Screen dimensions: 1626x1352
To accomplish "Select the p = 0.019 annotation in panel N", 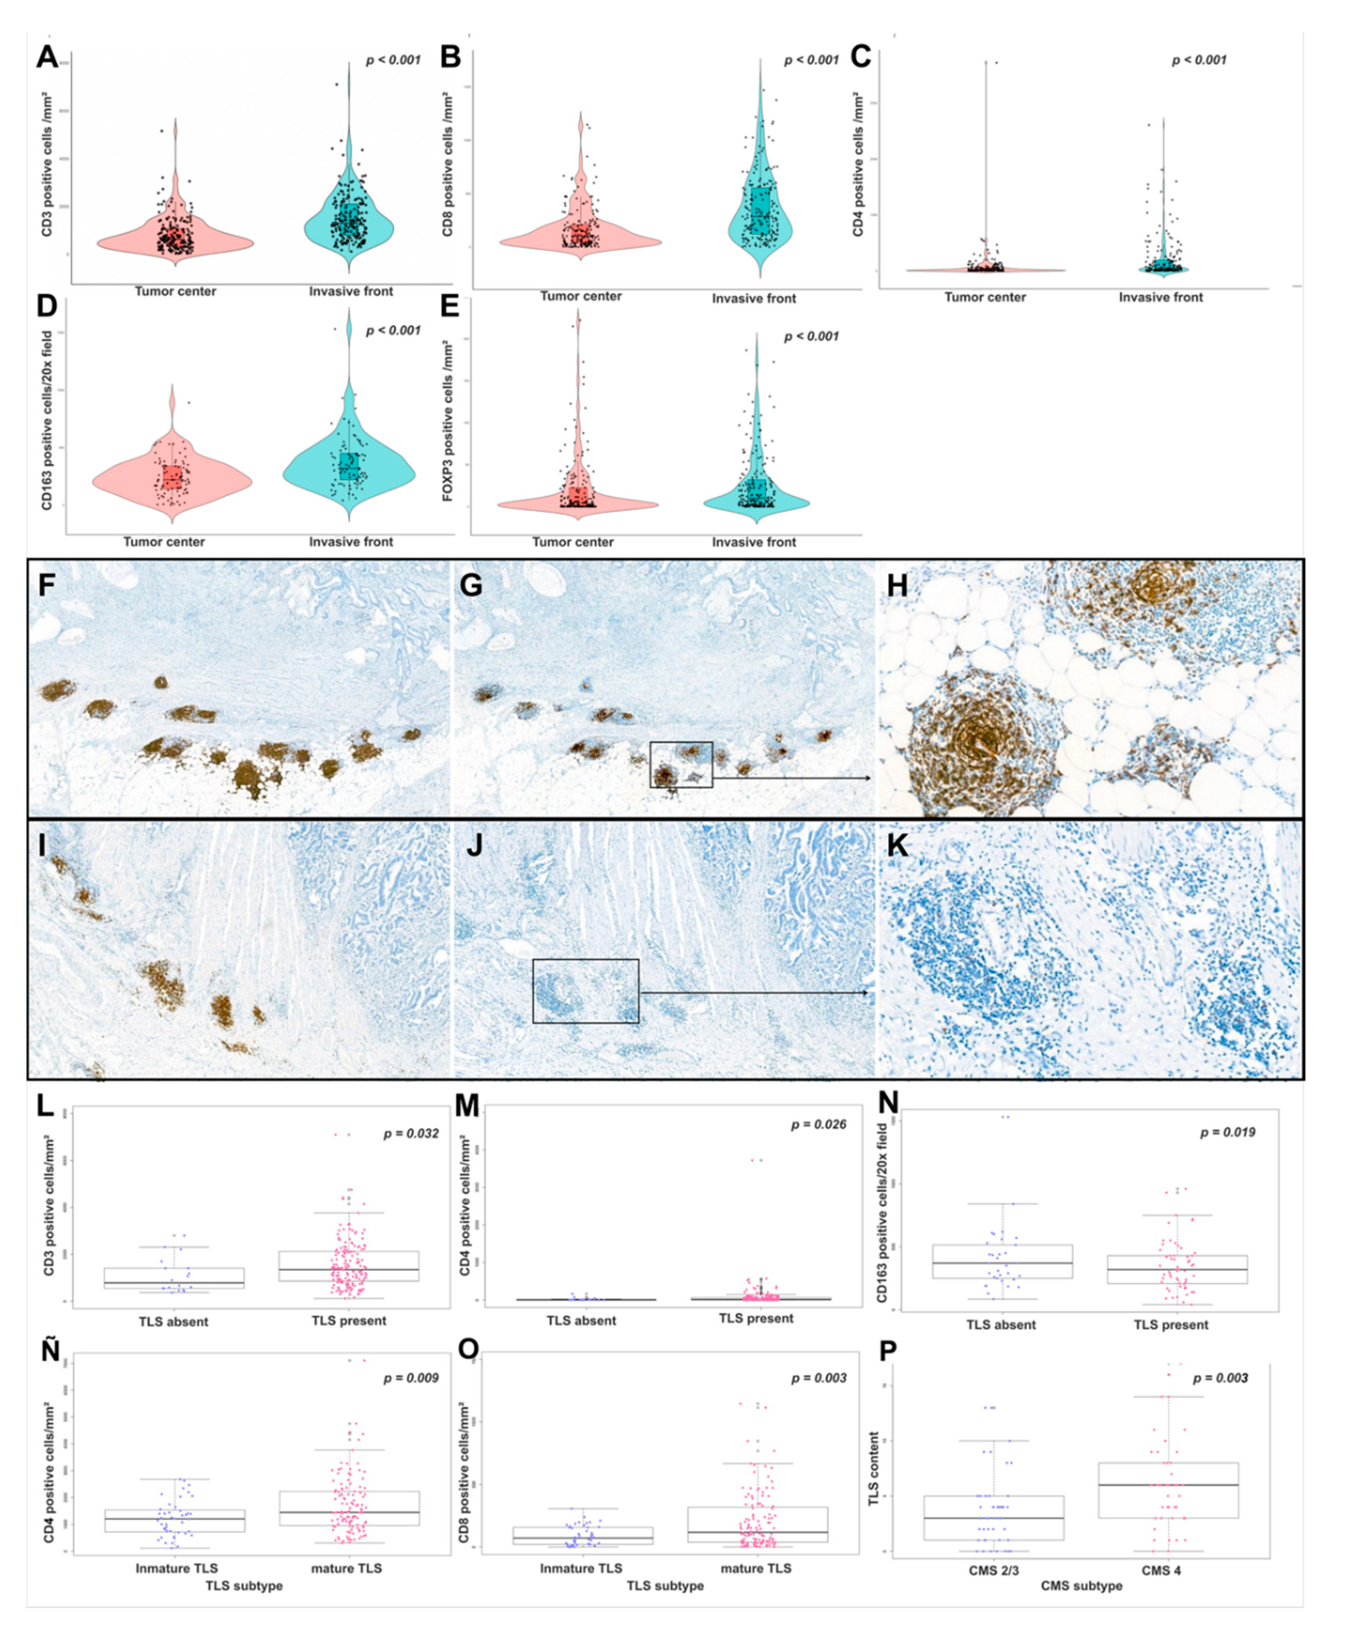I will [1227, 1132].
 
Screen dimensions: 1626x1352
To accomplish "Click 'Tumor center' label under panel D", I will [164, 542].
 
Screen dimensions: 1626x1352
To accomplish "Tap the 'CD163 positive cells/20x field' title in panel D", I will [47, 420].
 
